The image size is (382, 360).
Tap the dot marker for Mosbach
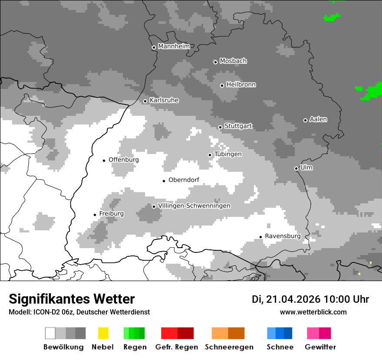click(215, 62)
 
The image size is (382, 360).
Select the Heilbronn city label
click(241, 85)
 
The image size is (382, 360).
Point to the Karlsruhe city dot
click(145, 101)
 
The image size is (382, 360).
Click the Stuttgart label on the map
click(238, 126)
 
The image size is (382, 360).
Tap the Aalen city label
click(318, 119)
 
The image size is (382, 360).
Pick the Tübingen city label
click(228, 154)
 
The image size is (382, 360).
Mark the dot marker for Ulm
click(296, 168)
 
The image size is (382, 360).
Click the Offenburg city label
click(124, 160)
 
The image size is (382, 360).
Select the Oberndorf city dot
click(164, 181)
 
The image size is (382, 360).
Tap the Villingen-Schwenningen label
click(194, 206)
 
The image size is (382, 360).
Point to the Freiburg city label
click(111, 214)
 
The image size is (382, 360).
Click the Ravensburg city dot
click(260, 237)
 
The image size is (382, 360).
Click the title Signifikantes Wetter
click(72, 299)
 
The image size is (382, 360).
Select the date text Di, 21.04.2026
click(286, 299)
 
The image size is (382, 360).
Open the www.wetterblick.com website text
click(313, 312)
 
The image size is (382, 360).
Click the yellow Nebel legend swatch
click(103, 333)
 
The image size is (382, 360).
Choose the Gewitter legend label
click(320, 347)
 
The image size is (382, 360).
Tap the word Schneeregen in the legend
click(229, 347)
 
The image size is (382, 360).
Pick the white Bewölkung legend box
click(50, 333)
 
